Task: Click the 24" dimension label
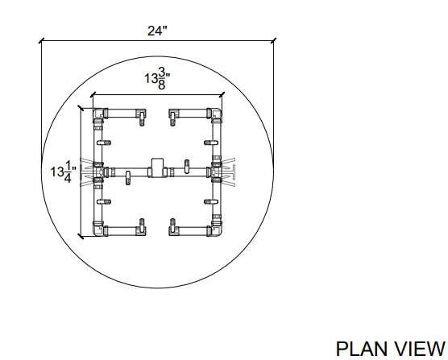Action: (157, 31)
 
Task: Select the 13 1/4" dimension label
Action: (63, 172)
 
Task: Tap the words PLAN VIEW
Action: (390, 349)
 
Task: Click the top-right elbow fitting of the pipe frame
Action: (216, 114)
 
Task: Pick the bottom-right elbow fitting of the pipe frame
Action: (216, 230)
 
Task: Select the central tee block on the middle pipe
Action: (157, 168)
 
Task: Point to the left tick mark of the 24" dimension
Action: (42, 41)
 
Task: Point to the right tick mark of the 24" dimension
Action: (274, 41)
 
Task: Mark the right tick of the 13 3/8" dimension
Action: (222, 95)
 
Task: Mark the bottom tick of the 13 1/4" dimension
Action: (81, 236)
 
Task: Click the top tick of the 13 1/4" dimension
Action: (81, 109)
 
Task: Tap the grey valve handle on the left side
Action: (86, 172)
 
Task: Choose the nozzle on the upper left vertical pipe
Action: (104, 143)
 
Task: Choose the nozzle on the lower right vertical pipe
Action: (211, 202)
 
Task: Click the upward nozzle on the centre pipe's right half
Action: (187, 167)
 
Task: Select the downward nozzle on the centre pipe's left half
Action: (128, 178)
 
